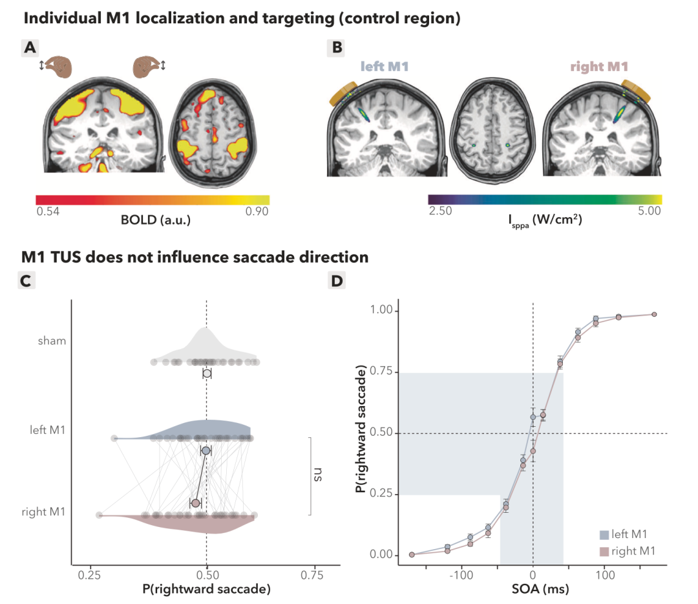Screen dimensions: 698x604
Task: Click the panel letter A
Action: click(x=30, y=47)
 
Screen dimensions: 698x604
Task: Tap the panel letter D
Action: click(x=337, y=281)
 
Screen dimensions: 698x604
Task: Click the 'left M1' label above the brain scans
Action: click(x=384, y=67)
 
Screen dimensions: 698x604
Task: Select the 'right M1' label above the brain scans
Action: click(x=599, y=67)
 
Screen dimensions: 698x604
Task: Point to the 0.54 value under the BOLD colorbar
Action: click(x=48, y=211)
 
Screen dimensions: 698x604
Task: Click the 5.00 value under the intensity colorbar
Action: click(x=649, y=211)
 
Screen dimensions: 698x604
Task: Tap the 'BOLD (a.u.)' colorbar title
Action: click(x=156, y=220)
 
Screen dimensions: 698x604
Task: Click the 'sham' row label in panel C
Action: click(x=52, y=341)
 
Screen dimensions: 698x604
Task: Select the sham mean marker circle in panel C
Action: click(x=207, y=373)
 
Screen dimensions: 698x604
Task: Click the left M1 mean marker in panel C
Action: click(x=206, y=451)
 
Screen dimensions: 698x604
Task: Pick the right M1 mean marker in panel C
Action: click(x=195, y=503)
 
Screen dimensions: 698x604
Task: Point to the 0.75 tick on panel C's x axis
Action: click(x=312, y=575)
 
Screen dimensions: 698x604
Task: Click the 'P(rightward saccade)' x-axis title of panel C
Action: click(x=207, y=589)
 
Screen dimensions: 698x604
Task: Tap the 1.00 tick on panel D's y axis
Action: click(x=381, y=310)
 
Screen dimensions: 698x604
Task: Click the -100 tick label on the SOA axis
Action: click(x=461, y=575)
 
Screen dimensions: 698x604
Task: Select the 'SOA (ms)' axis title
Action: click(x=540, y=589)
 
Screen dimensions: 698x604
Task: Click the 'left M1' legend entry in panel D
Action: click(x=624, y=534)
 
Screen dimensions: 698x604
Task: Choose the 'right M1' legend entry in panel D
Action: click(x=628, y=552)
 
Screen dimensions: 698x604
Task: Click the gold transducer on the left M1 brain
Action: click(x=343, y=93)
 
